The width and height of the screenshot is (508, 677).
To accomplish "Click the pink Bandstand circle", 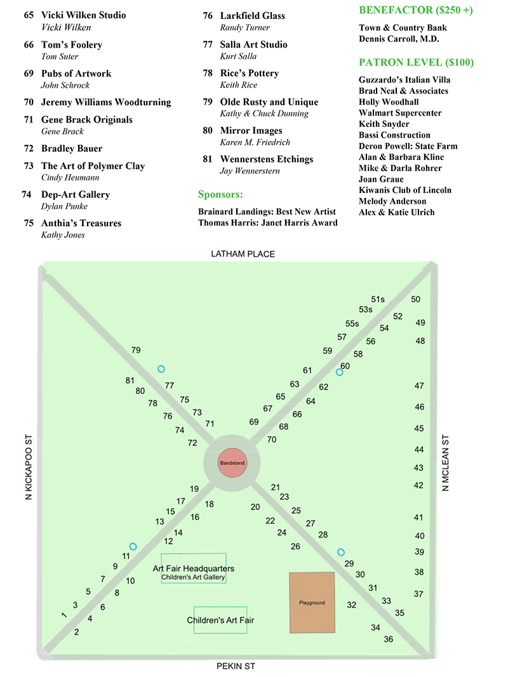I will [x=232, y=463].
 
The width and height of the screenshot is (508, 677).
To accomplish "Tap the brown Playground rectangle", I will [x=312, y=602].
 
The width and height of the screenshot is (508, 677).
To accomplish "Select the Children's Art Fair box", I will [x=220, y=619].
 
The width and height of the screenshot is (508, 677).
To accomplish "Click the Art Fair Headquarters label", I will [x=193, y=568].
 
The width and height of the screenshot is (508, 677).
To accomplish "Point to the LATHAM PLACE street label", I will [x=243, y=254].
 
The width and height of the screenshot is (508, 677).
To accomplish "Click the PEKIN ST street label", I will [x=236, y=666].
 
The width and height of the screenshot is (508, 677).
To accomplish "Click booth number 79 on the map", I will [x=136, y=350].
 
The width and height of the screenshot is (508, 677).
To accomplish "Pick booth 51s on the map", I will [x=378, y=299].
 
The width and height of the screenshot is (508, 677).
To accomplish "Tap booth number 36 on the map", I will [x=389, y=639].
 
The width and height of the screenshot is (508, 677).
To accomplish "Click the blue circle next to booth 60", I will [x=339, y=372].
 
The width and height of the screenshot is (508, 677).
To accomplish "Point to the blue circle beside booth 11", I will [x=133, y=546].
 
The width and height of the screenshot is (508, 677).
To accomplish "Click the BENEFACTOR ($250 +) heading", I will [x=416, y=10].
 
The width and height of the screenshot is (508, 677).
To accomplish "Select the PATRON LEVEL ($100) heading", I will [x=416, y=62].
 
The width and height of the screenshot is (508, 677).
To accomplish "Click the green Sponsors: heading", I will [x=220, y=194].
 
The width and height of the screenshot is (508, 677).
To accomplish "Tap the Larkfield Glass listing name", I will [x=252, y=15].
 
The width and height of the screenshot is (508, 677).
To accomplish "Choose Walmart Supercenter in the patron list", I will [x=400, y=113].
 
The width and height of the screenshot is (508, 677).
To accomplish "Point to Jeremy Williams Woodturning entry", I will [x=106, y=102].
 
